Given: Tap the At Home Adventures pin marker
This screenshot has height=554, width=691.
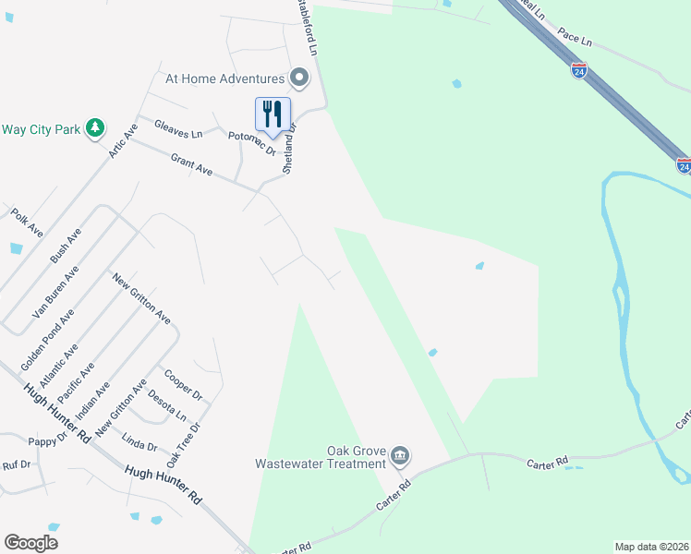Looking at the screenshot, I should pyautogui.click(x=298, y=77).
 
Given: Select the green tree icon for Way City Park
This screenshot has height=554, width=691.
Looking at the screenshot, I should pyautogui.click(x=94, y=128).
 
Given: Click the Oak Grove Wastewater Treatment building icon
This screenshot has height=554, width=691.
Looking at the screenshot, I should pyautogui.click(x=400, y=456).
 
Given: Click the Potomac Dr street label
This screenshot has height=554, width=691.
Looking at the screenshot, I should pyautogui.click(x=252, y=141).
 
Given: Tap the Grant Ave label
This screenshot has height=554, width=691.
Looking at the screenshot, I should pyautogui.click(x=191, y=165).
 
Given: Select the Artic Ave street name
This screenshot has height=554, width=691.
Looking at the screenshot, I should pyautogui.click(x=122, y=139).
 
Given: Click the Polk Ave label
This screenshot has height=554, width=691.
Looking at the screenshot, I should pyautogui.click(x=27, y=222).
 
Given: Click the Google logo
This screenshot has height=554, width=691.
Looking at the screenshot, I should pyautogui.click(x=30, y=543).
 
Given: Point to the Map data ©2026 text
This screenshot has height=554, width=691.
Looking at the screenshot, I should pyautogui.click(x=650, y=546).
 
